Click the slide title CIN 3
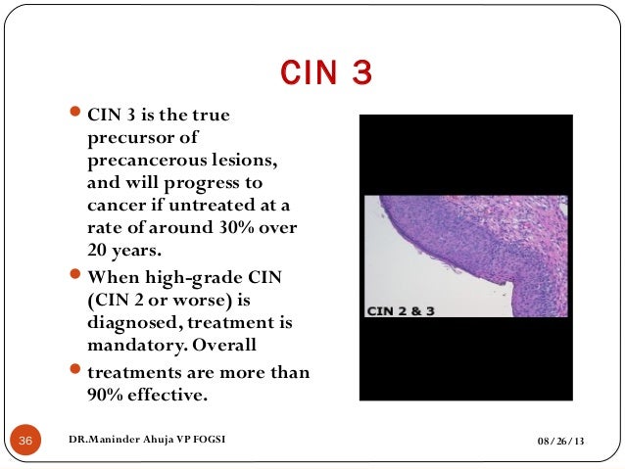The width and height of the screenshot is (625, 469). [x=326, y=73]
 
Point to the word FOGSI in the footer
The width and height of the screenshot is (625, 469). [x=208, y=442]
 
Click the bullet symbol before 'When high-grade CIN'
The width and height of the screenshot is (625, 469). [x=79, y=275]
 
